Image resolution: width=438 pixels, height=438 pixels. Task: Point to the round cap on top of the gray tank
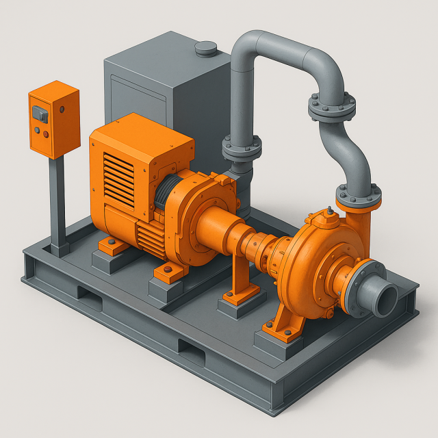click(205, 49)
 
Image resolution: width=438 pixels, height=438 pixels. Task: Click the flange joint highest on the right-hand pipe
click(331, 107)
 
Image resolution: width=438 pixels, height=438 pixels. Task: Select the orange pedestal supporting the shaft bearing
click(242, 274)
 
